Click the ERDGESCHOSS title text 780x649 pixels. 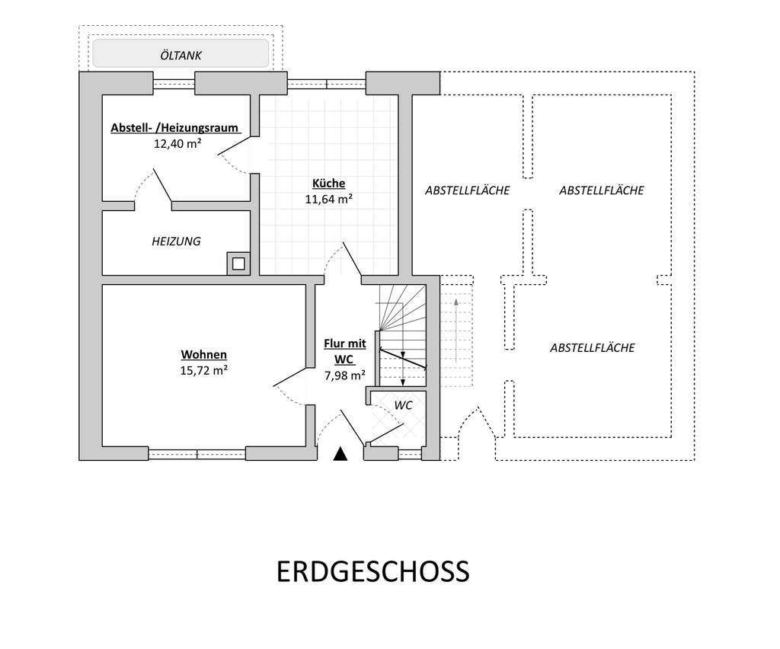[x=372, y=571]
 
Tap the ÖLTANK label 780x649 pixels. [x=181, y=55]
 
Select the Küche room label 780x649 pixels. [x=328, y=184]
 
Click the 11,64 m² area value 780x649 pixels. [x=328, y=200]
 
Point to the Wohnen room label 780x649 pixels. [x=203, y=354]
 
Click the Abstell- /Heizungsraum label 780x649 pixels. [x=174, y=127]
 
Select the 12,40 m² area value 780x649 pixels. [x=177, y=142]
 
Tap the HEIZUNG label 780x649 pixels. [x=176, y=241]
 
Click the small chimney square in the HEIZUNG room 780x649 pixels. [x=238, y=264]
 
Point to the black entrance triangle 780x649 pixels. [x=340, y=454]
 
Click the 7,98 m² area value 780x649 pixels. [x=344, y=375]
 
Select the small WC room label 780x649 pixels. [x=403, y=405]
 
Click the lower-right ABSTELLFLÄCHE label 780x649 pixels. [x=592, y=347]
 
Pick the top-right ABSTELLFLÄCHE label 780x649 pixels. [x=601, y=190]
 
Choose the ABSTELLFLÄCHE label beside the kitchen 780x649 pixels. [x=467, y=190]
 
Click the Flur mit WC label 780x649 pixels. [x=344, y=351]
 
